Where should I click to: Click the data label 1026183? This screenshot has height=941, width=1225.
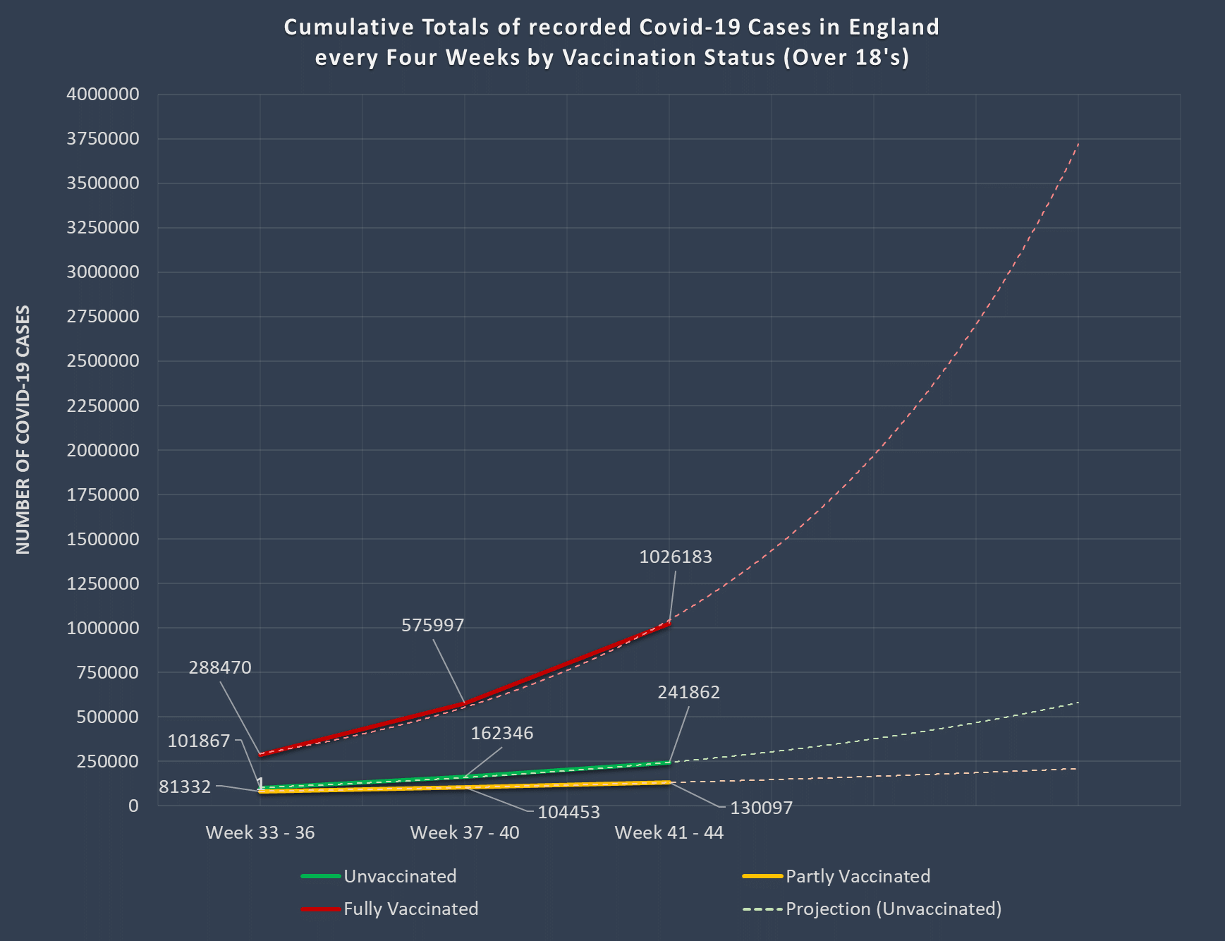tap(676, 557)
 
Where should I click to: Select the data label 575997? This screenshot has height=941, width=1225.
tap(433, 626)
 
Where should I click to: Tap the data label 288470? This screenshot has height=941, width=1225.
tap(220, 668)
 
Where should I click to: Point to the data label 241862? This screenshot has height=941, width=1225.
tap(689, 693)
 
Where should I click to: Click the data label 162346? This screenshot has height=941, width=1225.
tap(502, 734)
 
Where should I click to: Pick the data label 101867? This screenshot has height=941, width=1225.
tap(199, 741)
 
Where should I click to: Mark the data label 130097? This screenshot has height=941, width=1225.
tap(762, 808)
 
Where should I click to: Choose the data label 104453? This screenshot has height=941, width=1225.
tap(569, 813)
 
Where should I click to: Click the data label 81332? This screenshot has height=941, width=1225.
tap(185, 787)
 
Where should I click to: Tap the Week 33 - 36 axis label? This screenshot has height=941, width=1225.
tap(260, 833)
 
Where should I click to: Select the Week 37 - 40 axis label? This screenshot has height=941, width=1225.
tap(465, 833)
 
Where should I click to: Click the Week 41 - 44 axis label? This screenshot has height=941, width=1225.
tap(669, 833)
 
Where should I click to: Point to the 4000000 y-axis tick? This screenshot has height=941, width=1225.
tap(103, 95)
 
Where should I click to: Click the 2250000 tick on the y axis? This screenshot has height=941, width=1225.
tap(103, 406)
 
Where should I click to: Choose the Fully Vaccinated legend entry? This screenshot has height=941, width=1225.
tap(410, 909)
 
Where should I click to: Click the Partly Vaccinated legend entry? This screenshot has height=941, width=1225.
tap(858, 877)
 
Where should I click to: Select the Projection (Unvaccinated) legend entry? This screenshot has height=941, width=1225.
tap(894, 909)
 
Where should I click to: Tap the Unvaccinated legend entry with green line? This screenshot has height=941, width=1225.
tap(400, 877)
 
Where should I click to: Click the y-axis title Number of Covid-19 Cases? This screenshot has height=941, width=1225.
tap(23, 430)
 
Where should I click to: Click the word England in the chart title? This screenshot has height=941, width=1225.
tap(894, 28)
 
